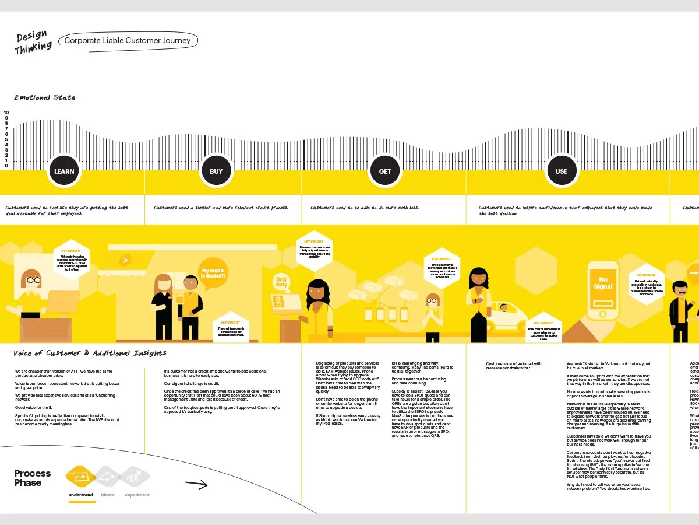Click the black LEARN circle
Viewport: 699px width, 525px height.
64,171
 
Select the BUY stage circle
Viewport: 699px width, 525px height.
216,171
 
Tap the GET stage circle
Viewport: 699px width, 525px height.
385,171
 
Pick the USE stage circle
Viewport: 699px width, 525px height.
561,171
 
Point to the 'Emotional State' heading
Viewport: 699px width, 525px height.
45,97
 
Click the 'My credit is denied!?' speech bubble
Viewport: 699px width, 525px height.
214,273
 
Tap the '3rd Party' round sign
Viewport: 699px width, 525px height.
281,282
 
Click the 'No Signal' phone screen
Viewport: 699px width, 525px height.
603,283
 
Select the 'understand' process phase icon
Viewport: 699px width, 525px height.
81,477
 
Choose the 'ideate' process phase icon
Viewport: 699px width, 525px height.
108,477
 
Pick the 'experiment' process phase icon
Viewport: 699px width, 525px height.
136,477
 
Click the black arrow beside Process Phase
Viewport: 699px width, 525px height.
196,484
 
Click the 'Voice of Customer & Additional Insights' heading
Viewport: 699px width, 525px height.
90,353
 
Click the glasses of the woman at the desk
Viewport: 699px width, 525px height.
32,281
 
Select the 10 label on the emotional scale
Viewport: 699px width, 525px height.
6,113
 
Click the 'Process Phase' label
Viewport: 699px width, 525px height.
33,478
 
